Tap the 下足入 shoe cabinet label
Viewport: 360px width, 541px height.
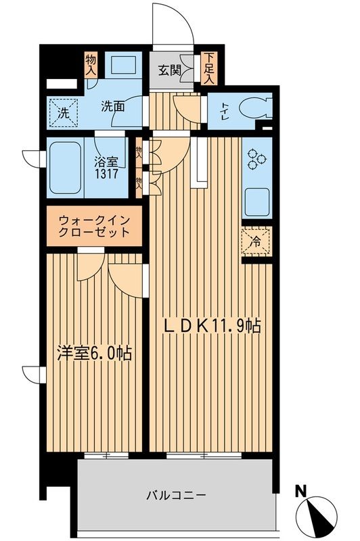pos(209,68)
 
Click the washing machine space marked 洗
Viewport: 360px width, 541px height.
pos(63,114)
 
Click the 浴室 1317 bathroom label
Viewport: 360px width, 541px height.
pos(108,168)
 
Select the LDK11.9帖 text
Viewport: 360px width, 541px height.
pos(214,326)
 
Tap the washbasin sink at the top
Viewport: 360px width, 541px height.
pos(125,68)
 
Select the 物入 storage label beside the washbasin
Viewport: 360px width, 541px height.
pos(91,66)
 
